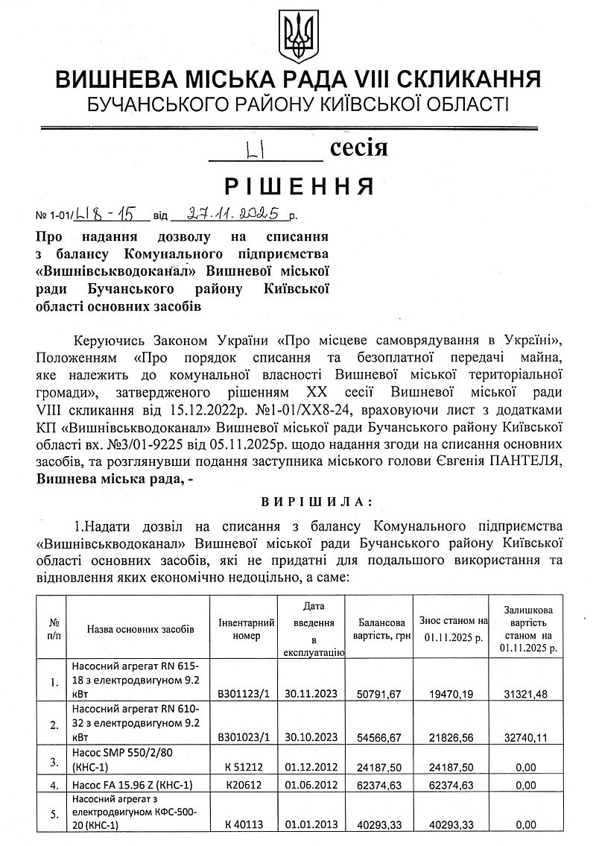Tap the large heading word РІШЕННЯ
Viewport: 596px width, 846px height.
click(x=298, y=185)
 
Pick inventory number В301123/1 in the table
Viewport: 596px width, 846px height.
click(x=243, y=694)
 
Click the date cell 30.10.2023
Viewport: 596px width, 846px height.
click(x=311, y=737)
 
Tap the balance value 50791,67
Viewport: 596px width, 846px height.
click(x=379, y=694)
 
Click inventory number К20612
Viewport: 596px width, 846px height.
click(x=243, y=785)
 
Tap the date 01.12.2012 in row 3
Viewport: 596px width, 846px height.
click(x=311, y=764)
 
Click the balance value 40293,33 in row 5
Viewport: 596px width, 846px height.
click(x=379, y=824)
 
